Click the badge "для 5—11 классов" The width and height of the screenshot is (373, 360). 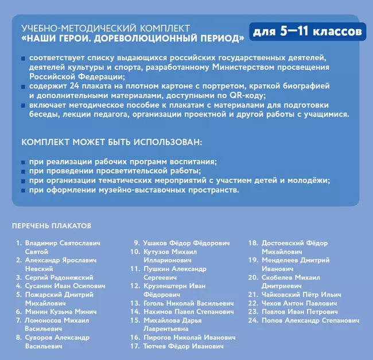306,30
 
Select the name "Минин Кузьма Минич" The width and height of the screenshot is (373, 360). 60,311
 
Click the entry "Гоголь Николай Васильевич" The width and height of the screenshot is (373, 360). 188,303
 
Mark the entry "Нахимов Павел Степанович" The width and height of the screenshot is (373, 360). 188,312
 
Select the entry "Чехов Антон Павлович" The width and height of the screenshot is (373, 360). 300,303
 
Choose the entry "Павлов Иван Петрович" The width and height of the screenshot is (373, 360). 299,312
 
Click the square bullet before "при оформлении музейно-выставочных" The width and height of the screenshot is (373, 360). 22,190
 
